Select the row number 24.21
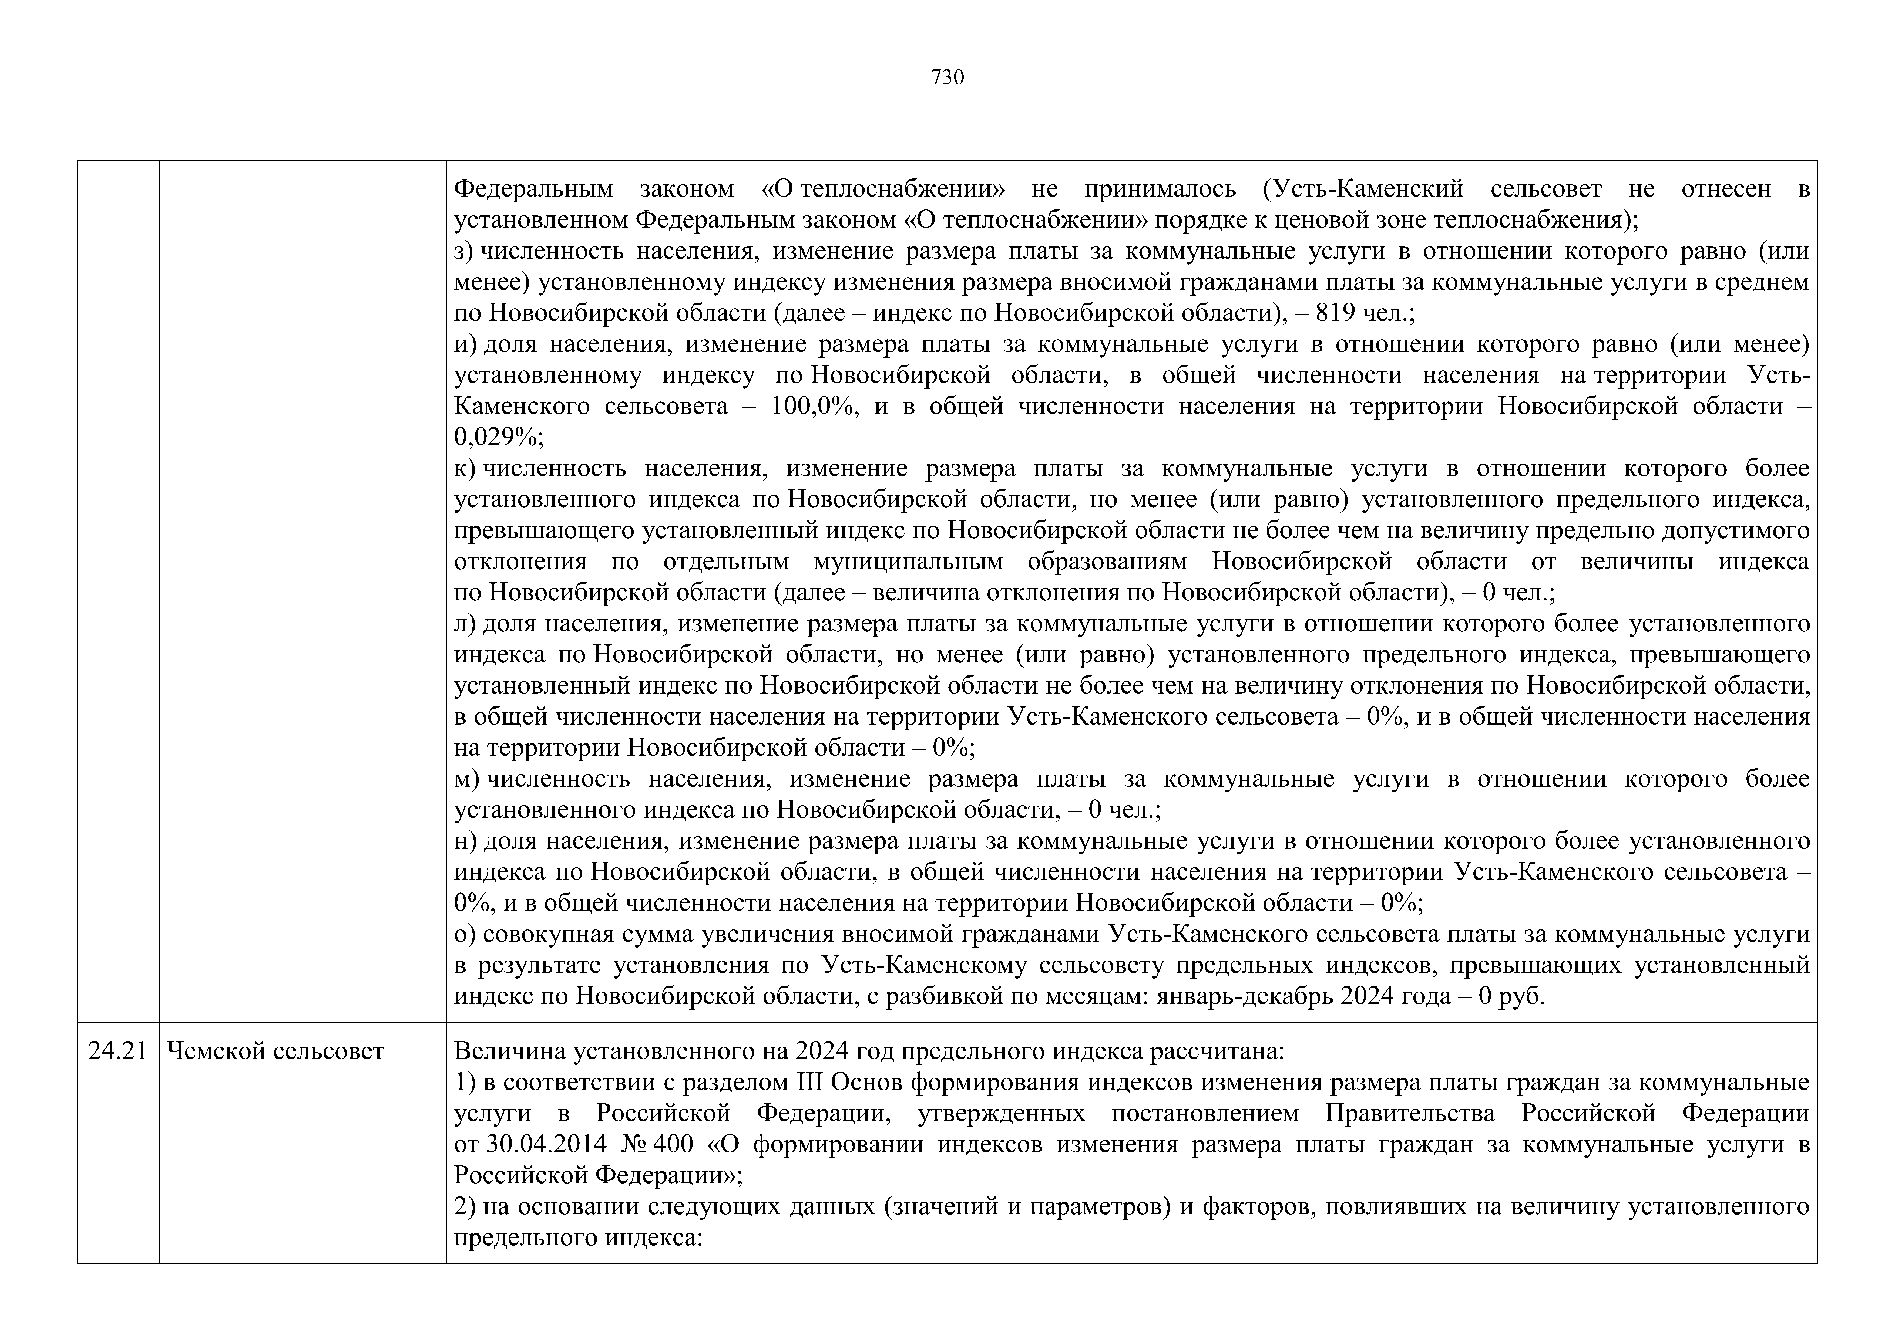point(117,1051)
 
